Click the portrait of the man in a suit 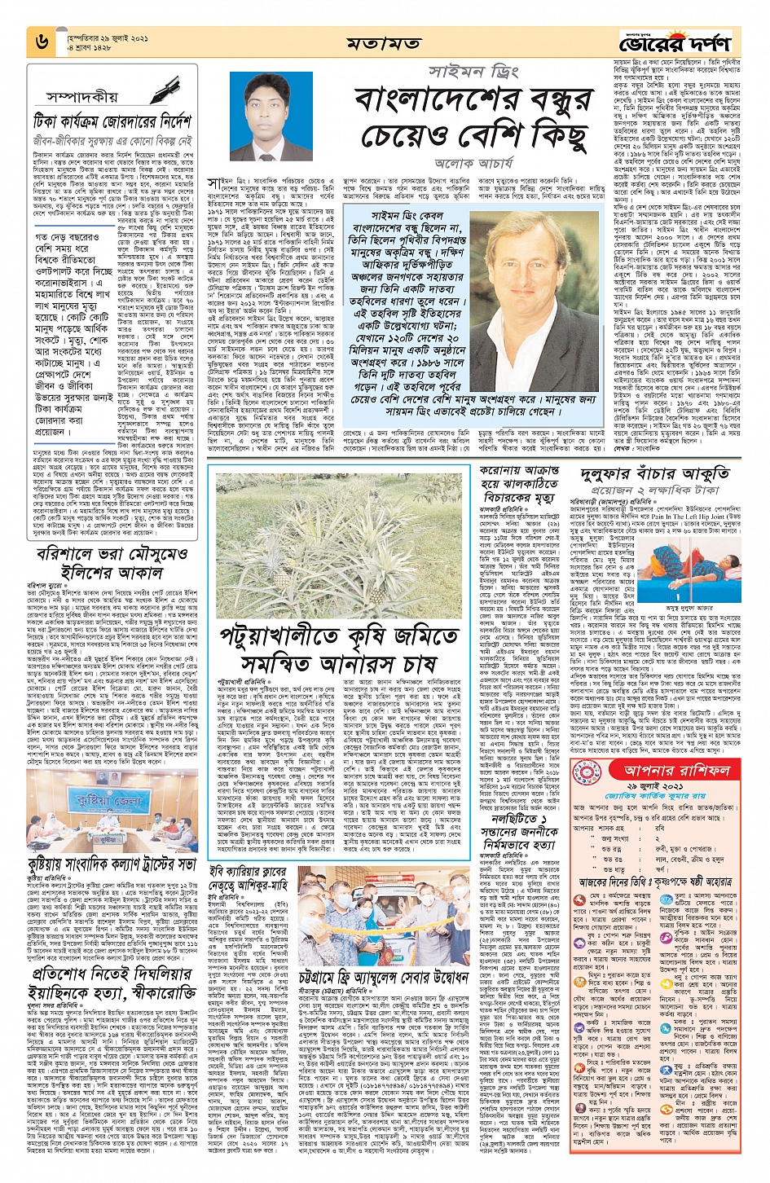[x=272, y=117]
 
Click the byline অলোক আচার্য [x=476, y=163]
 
